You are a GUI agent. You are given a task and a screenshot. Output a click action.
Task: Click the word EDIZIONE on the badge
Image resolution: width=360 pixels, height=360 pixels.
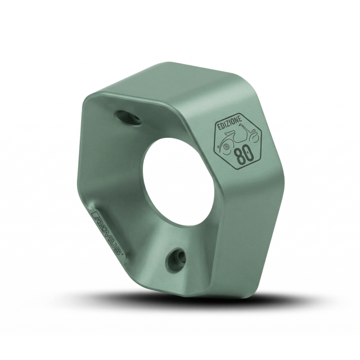[229, 123]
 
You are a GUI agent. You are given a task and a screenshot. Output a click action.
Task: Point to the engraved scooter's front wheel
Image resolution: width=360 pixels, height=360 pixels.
[255, 137]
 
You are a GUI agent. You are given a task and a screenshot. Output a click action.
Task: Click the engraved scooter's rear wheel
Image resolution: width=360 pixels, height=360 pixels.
[226, 146]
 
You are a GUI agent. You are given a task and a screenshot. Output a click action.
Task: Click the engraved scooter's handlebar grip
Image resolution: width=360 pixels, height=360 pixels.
[241, 125]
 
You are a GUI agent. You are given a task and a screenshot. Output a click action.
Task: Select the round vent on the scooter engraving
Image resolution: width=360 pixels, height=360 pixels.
[226, 146]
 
